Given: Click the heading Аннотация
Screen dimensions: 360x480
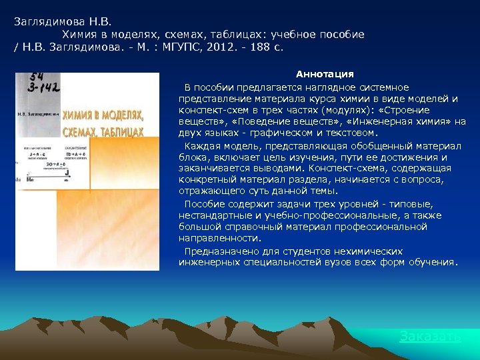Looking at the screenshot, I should click(x=325, y=74).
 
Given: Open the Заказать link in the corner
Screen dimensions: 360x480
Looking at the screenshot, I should click(x=429, y=337).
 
